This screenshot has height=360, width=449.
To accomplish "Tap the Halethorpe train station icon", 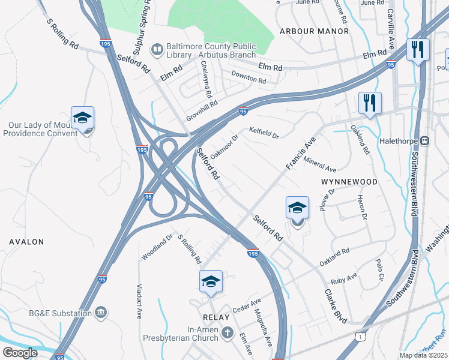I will pyautogui.click(x=424, y=140).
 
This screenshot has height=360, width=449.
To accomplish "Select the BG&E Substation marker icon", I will pyautogui.click(x=101, y=313).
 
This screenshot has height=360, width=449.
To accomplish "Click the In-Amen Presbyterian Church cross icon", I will pyautogui.click(x=227, y=332).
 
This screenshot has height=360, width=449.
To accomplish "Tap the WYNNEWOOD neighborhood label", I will pyautogui.click(x=349, y=181).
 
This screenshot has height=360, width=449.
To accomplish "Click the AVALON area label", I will pyautogui.click(x=26, y=241).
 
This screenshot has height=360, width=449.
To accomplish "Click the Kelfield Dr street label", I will pyautogui.click(x=264, y=133).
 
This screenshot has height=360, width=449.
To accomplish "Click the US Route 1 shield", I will pyautogui.click(x=359, y=340).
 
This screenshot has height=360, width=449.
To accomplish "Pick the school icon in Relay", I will pyautogui.click(x=211, y=281).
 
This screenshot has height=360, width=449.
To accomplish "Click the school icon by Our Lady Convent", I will pyautogui.click(x=82, y=118).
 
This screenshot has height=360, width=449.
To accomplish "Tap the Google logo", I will pyautogui.click(x=20, y=353).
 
